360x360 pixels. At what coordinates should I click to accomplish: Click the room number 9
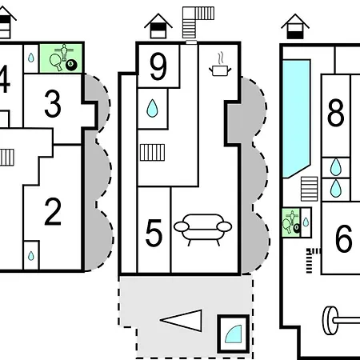click(x=158, y=66)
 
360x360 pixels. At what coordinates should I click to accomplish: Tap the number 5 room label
click(x=154, y=233)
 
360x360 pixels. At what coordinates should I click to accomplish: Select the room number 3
click(x=53, y=104)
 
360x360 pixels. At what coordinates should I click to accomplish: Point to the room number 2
click(x=53, y=212)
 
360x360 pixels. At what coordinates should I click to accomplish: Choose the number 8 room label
click(x=335, y=112)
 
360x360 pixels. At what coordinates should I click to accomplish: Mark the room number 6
click(x=343, y=238)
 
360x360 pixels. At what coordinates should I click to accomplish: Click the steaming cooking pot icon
click(x=220, y=65)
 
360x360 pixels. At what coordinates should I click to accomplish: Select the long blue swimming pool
click(x=297, y=118)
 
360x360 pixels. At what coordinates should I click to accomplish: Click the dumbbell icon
click(x=342, y=321)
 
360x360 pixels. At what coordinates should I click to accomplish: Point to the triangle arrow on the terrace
click(x=182, y=321)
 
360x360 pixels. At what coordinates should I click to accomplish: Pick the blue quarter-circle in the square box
click(x=234, y=334)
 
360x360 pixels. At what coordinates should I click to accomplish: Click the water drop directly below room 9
click(x=152, y=108)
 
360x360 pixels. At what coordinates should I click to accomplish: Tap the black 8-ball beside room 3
click(x=71, y=65)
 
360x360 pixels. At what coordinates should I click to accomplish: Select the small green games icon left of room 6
click(x=291, y=222)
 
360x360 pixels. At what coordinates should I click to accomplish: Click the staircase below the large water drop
click(x=152, y=153)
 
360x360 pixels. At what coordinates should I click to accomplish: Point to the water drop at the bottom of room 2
click(x=31, y=256)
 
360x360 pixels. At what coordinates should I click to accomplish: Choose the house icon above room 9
click(x=158, y=26)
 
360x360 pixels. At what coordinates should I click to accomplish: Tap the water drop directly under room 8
click(x=336, y=167)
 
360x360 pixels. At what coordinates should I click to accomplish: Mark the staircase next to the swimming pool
click(x=310, y=189)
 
